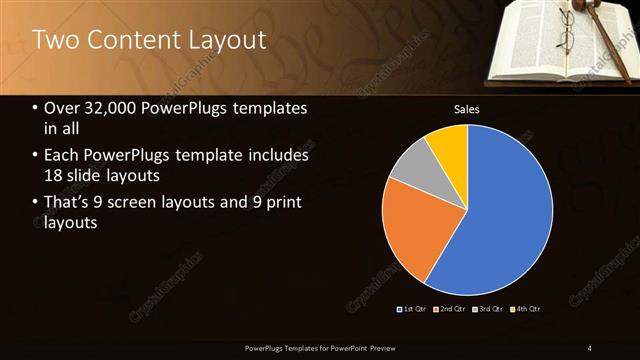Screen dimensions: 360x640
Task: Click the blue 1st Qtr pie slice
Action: coord(510,215)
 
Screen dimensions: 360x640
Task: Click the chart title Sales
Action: coord(467,108)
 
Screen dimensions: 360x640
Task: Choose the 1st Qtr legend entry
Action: coord(412,309)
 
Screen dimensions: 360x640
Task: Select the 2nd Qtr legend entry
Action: coord(450,309)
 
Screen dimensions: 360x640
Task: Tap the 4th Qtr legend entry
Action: coord(526,309)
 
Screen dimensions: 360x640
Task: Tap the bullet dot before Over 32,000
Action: coord(36,109)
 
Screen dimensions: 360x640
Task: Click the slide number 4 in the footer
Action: coord(590,347)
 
